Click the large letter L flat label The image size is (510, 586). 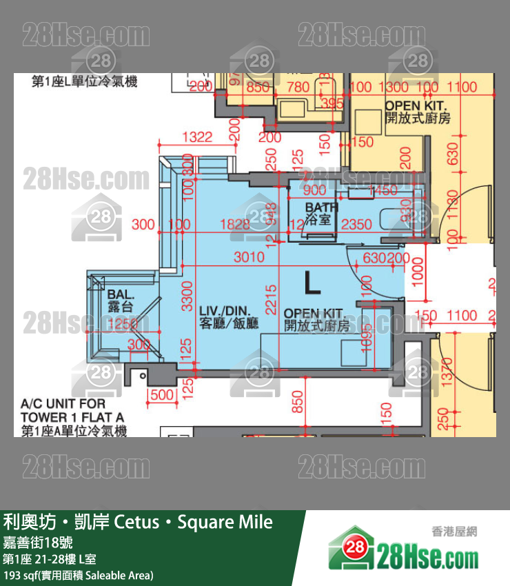point(311,282)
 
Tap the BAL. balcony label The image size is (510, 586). point(120,295)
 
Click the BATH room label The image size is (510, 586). point(322,207)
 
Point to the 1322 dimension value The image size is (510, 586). point(197,137)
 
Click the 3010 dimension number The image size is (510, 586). point(248,258)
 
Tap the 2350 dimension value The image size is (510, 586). point(358,224)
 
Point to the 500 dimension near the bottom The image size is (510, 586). point(160,395)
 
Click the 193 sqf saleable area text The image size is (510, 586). point(79,575)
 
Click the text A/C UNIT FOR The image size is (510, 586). point(63,403)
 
